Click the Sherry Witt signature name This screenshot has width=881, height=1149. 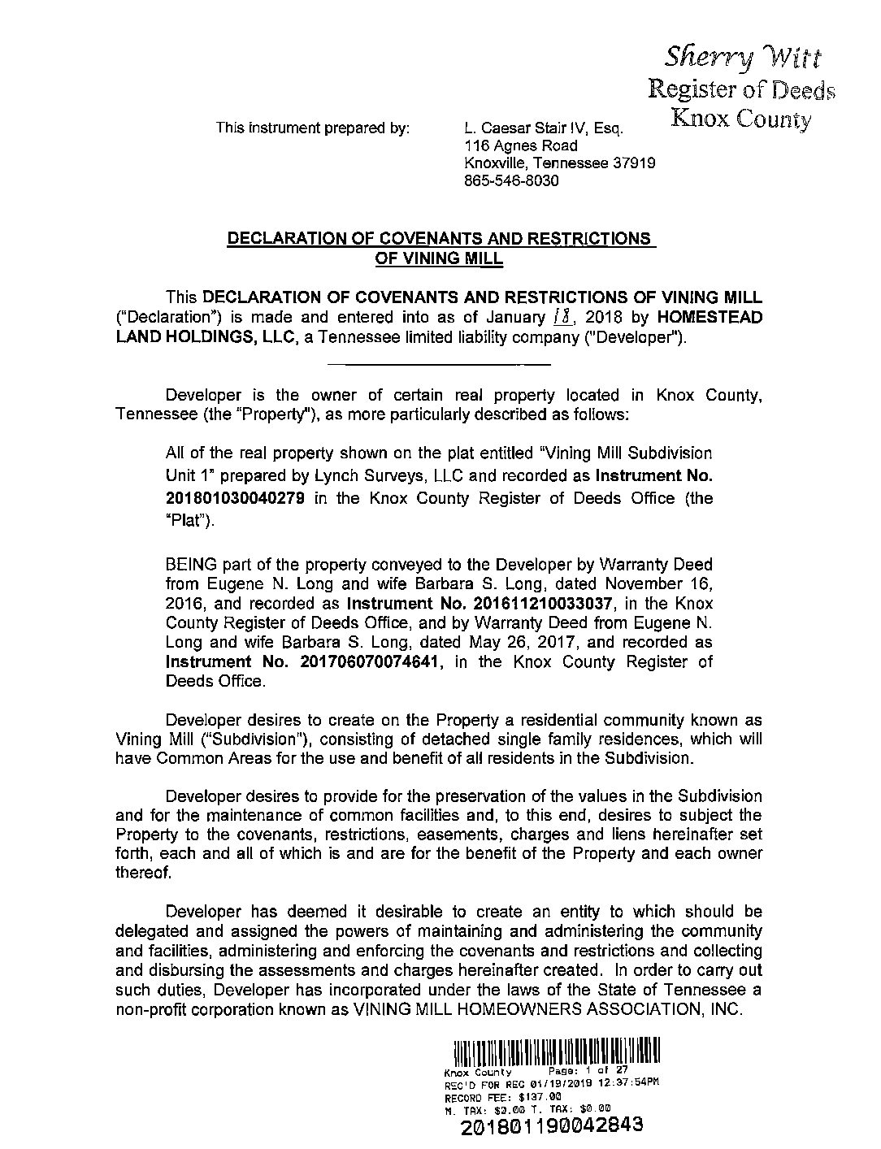tap(743, 58)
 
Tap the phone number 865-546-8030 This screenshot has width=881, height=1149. tap(510, 181)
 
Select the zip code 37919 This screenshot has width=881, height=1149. tap(635, 163)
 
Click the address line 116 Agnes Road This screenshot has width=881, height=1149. tap(520, 145)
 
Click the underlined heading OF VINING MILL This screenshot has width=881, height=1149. tap(439, 259)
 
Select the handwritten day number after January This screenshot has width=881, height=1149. tap(557, 318)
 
